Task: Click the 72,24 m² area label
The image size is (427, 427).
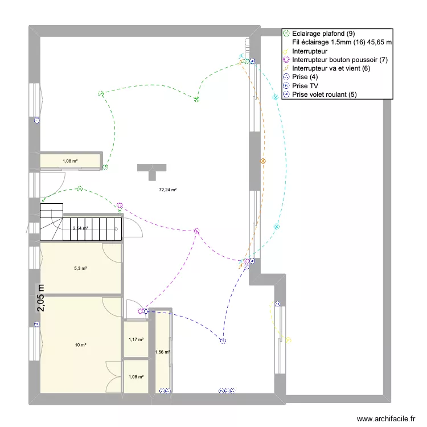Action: tap(167, 190)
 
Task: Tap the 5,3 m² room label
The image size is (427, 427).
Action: tap(80, 268)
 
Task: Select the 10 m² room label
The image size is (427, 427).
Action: tap(80, 345)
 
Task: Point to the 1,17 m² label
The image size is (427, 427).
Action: tap(136, 340)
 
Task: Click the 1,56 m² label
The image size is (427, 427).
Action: tap(162, 352)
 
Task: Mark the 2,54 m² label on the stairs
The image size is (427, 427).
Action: tap(80, 228)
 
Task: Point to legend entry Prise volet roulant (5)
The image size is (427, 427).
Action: tap(325, 95)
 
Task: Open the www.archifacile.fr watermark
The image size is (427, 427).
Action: tap(387, 419)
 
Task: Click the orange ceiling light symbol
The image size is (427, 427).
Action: tap(263, 162)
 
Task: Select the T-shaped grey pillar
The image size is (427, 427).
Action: tap(151, 169)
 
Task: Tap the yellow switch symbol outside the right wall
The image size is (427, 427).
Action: tap(289, 341)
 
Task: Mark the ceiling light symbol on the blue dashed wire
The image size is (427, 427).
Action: tap(223, 342)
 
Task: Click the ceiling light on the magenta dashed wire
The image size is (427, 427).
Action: tap(196, 231)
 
